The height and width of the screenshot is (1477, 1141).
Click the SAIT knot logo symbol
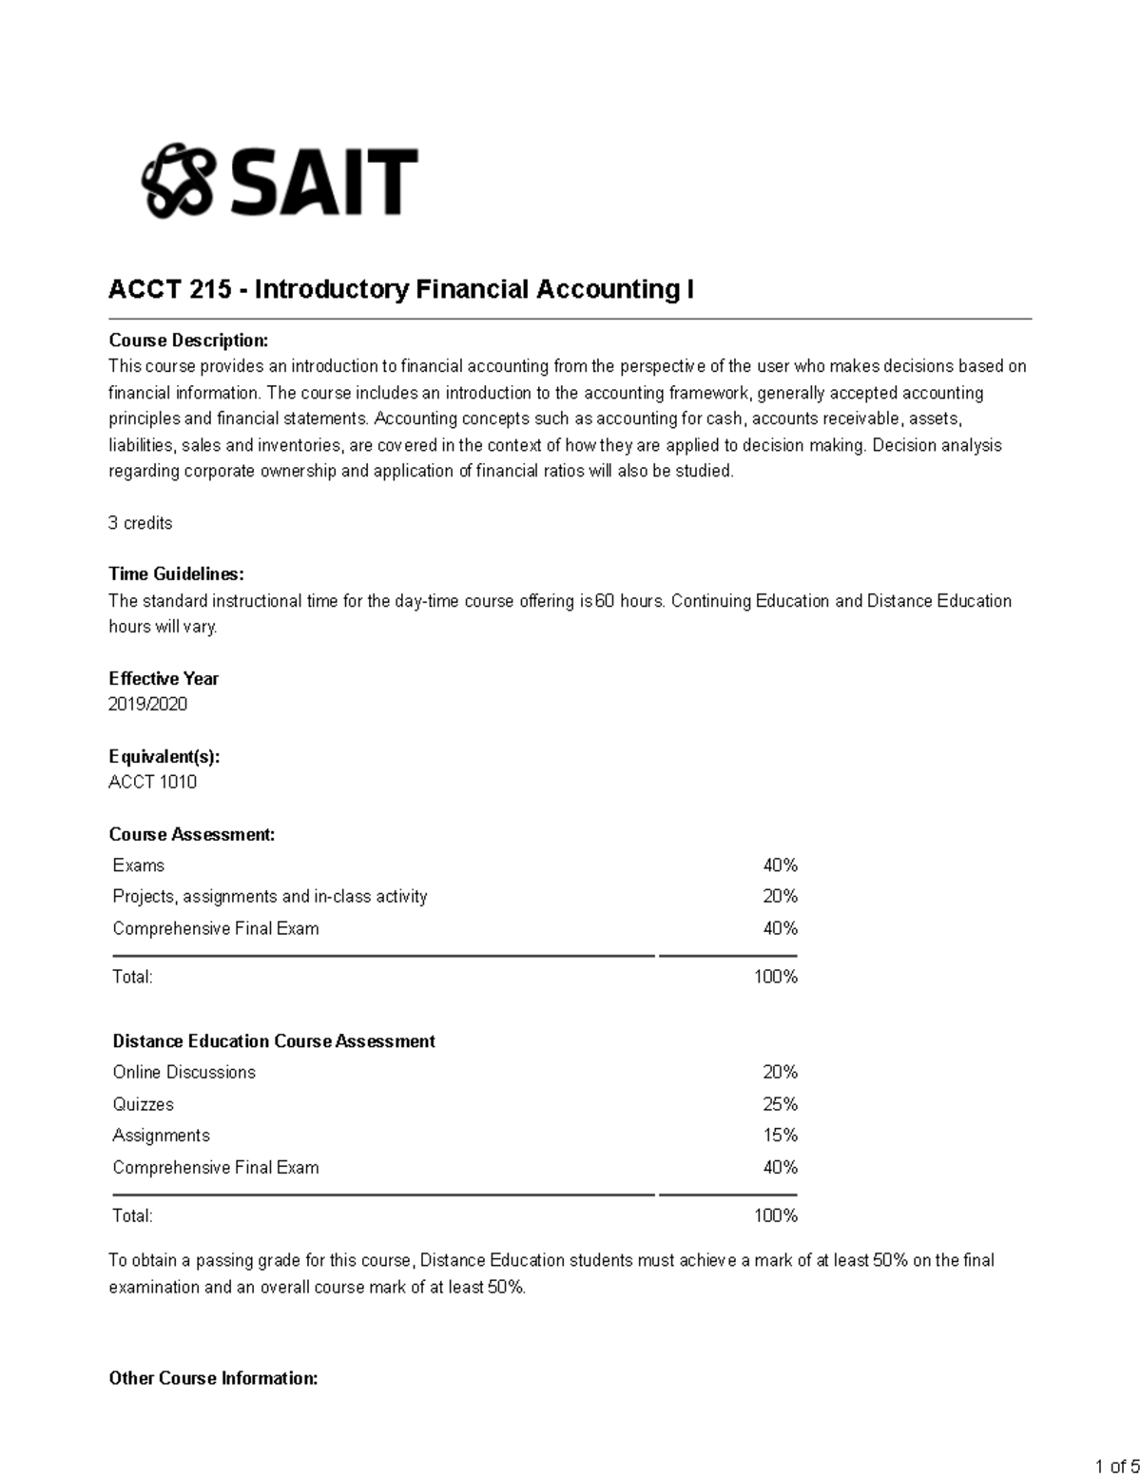pyautogui.click(x=177, y=181)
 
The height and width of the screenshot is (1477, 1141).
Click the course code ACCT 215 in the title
pyautogui.click(x=169, y=289)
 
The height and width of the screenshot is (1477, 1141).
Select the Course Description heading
pyautogui.click(x=188, y=340)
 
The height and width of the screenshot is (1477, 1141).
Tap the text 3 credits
pyautogui.click(x=140, y=523)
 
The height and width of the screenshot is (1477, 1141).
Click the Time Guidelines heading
pyautogui.click(x=176, y=573)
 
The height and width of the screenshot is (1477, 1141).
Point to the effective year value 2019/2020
pyautogui.click(x=147, y=704)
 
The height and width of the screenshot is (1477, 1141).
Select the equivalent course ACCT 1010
pyautogui.click(x=152, y=782)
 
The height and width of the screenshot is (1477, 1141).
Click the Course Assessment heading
pyautogui.click(x=191, y=834)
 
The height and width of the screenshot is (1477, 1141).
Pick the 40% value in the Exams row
pyautogui.click(x=780, y=865)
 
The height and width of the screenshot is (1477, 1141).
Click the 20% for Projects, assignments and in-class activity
pyautogui.click(x=780, y=896)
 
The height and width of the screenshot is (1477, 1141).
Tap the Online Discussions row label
pyautogui.click(x=184, y=1072)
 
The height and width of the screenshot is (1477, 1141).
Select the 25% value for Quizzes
pyautogui.click(x=780, y=1104)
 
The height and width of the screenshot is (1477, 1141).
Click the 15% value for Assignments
pyautogui.click(x=780, y=1136)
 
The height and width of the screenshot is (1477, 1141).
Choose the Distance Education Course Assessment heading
pyautogui.click(x=273, y=1041)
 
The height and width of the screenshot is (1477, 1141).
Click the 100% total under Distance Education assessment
pyautogui.click(x=775, y=1215)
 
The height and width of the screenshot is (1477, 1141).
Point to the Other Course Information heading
pyautogui.click(x=213, y=1378)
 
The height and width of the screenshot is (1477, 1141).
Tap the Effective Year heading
pyautogui.click(x=164, y=678)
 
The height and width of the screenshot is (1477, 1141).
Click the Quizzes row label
pyautogui.click(x=143, y=1104)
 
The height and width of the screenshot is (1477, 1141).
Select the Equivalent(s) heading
pyautogui.click(x=164, y=756)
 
